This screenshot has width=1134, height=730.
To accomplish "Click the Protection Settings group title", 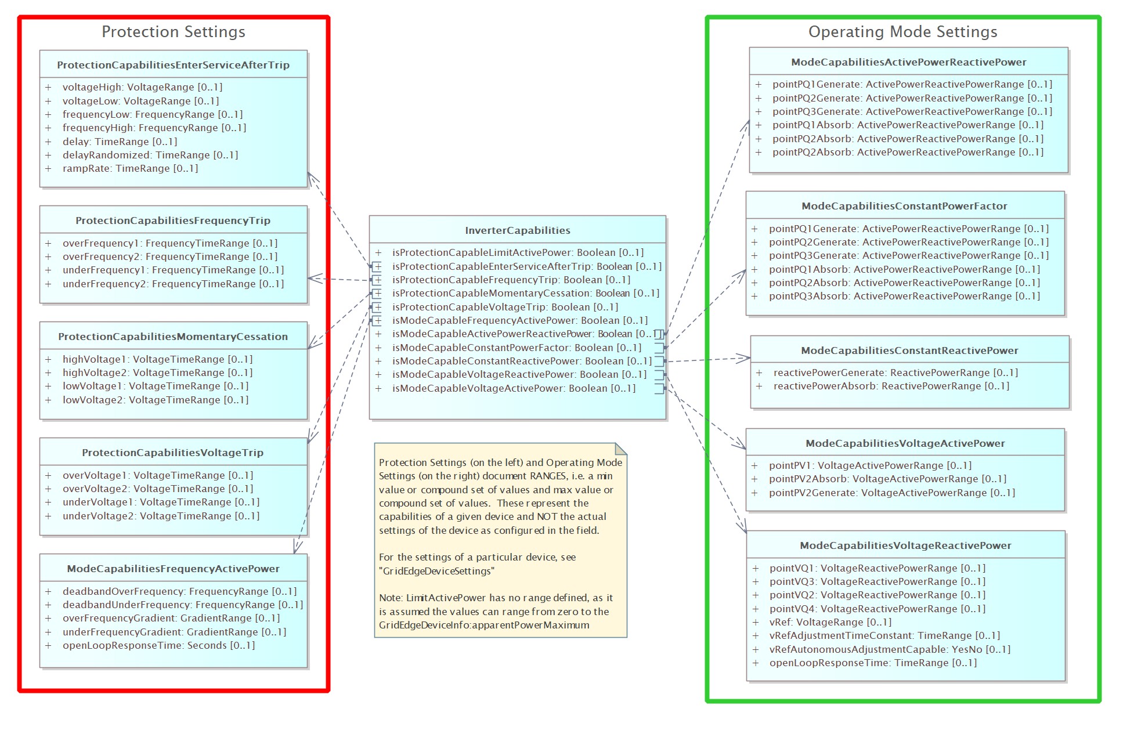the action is pyautogui.click(x=174, y=32).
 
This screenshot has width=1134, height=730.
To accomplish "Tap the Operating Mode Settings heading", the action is pyautogui.click(x=903, y=32).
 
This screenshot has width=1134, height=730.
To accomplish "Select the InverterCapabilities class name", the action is pyautogui.click(x=518, y=230).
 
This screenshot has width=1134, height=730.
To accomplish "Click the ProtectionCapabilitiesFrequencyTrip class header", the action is pyautogui.click(x=173, y=221).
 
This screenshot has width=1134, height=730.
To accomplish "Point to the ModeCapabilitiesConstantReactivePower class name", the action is pyautogui.click(x=909, y=350).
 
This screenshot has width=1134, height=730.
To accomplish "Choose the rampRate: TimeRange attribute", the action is pyautogui.click(x=130, y=169).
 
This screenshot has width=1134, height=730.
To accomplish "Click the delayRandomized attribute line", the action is pyautogui.click(x=150, y=155).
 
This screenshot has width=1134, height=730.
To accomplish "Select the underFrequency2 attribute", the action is pyautogui.click(x=173, y=284).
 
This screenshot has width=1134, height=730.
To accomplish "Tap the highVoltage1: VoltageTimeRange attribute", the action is pyautogui.click(x=157, y=359).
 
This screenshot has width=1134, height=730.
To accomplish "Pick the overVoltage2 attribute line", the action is pyautogui.click(x=158, y=489).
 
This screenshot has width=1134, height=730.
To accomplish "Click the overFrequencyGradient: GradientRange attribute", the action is pyautogui.click(x=171, y=619).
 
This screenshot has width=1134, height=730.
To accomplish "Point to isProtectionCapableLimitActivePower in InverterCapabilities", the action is pyautogui.click(x=518, y=252).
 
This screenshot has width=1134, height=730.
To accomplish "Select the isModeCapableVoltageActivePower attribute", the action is pyautogui.click(x=514, y=388).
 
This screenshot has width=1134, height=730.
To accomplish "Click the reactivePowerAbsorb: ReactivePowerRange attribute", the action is pyautogui.click(x=891, y=386).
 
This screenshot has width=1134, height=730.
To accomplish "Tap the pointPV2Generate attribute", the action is pyautogui.click(x=892, y=493).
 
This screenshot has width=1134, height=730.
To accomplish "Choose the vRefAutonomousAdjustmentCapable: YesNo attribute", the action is pyautogui.click(x=890, y=649).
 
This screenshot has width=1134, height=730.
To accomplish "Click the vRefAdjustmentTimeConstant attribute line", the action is pyautogui.click(x=884, y=636).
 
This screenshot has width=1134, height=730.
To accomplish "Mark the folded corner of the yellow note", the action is pyautogui.click(x=621, y=449).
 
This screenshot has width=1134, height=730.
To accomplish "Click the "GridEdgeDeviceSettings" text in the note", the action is pyautogui.click(x=436, y=571).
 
